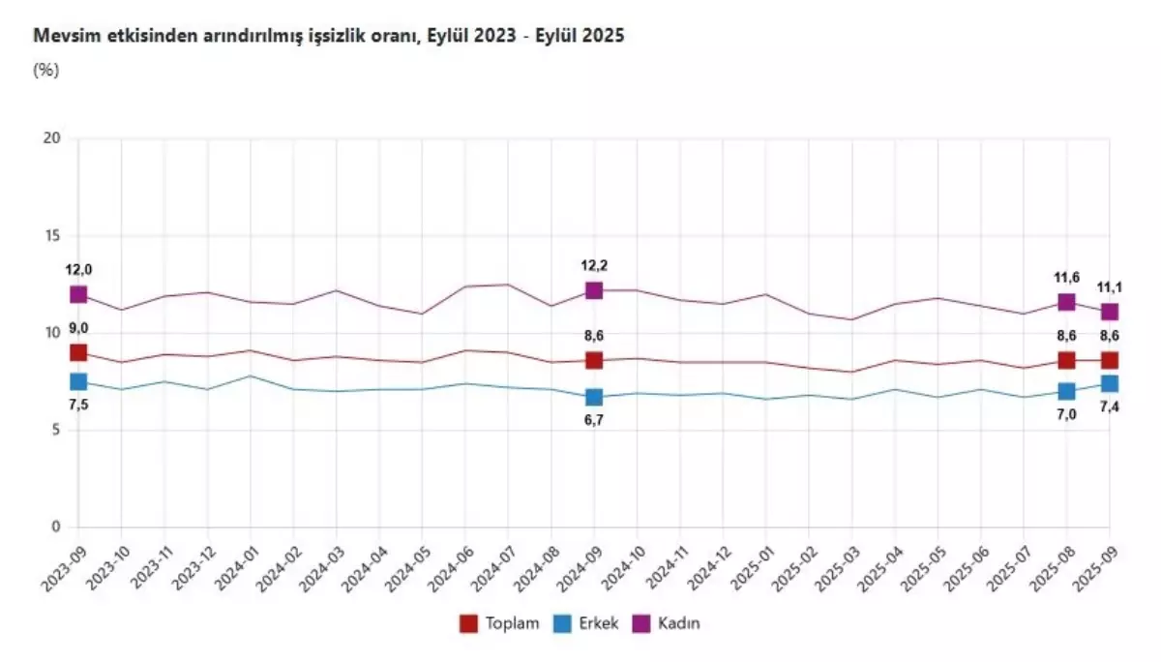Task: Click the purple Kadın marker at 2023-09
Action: [x=78, y=294]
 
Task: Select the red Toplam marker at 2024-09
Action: [x=594, y=360]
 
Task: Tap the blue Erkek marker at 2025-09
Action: [x=1109, y=384]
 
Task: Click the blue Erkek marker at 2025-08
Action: [x=1066, y=391]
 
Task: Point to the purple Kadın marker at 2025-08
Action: [x=1066, y=302]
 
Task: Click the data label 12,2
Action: [x=594, y=265]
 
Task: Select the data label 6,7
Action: [x=594, y=421]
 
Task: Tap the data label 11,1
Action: [x=1109, y=288]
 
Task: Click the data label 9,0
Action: [x=78, y=328]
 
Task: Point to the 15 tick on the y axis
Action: [x=52, y=235]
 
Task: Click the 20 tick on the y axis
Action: [x=52, y=138]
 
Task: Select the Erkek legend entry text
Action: [x=598, y=623]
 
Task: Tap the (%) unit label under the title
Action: [x=47, y=69]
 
